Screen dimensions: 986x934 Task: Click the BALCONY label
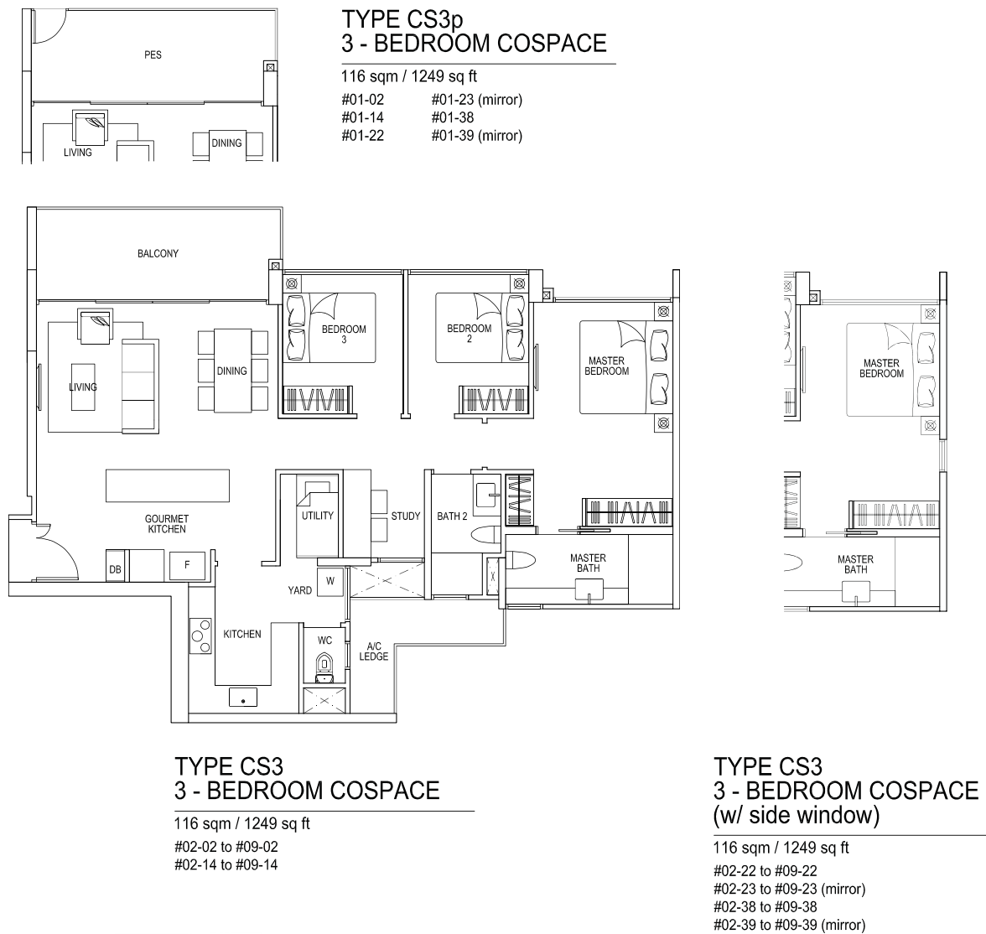tap(158, 253)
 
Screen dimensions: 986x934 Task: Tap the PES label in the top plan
tap(153, 54)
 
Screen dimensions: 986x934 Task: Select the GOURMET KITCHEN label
tap(167, 524)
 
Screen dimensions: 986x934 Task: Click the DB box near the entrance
tap(115, 565)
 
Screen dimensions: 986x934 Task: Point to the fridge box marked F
tap(187, 565)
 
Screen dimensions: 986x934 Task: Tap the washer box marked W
tap(330, 581)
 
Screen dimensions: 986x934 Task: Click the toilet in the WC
tap(324, 666)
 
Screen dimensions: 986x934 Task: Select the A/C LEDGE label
tap(374, 651)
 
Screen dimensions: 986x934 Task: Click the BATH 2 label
tap(452, 516)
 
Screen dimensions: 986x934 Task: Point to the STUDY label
tap(406, 516)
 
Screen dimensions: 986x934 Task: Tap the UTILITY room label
tap(318, 515)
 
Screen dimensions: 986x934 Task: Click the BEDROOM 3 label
tap(344, 334)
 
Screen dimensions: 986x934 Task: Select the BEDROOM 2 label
tap(470, 334)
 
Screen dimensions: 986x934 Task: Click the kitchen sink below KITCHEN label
tap(243, 697)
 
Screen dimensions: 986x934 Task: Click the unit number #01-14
tap(363, 117)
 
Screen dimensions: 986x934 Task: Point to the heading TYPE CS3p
tap(402, 19)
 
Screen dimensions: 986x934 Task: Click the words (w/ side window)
tap(797, 815)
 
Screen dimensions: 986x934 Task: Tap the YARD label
tap(300, 590)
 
